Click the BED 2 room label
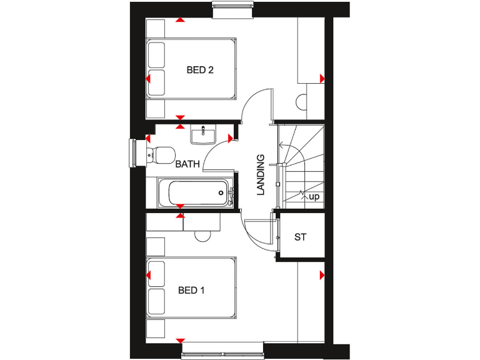[200, 70]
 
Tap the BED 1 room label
[192, 290]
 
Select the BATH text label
[187, 164]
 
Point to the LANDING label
[261, 175]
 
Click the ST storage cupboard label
[301, 237]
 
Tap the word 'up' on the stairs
[314, 197]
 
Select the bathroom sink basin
[203, 134]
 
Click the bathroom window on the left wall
[132, 153]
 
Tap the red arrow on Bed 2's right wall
[322, 78]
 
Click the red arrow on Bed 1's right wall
[322, 275]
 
